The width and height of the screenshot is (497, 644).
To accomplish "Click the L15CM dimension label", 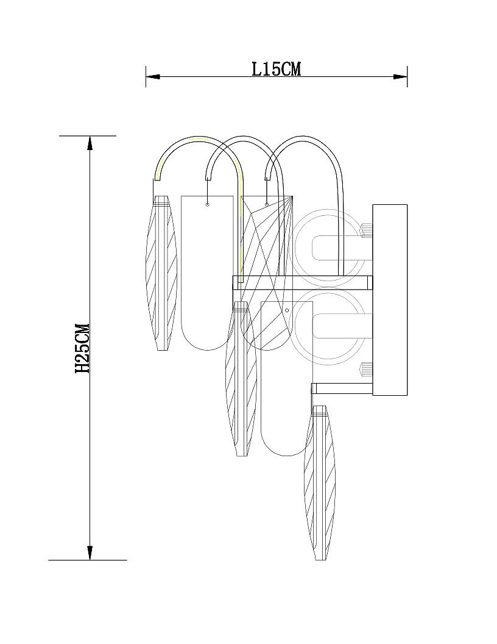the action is pyautogui.click(x=276, y=69).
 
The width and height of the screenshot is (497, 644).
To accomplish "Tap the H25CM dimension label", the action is pyautogui.click(x=82, y=348).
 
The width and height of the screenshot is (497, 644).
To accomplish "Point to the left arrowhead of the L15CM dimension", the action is pyautogui.click(x=152, y=76).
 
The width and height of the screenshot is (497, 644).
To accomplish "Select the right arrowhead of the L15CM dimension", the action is pyautogui.click(x=400, y=76).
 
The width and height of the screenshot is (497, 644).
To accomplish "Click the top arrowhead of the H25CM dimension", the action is pyautogui.click(x=90, y=142).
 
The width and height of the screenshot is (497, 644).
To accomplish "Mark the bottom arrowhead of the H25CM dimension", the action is pyautogui.click(x=90, y=553).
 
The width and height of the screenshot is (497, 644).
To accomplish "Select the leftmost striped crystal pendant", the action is pyautogui.click(x=162, y=273).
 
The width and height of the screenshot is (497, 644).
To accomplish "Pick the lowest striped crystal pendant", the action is pyautogui.click(x=320, y=483).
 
